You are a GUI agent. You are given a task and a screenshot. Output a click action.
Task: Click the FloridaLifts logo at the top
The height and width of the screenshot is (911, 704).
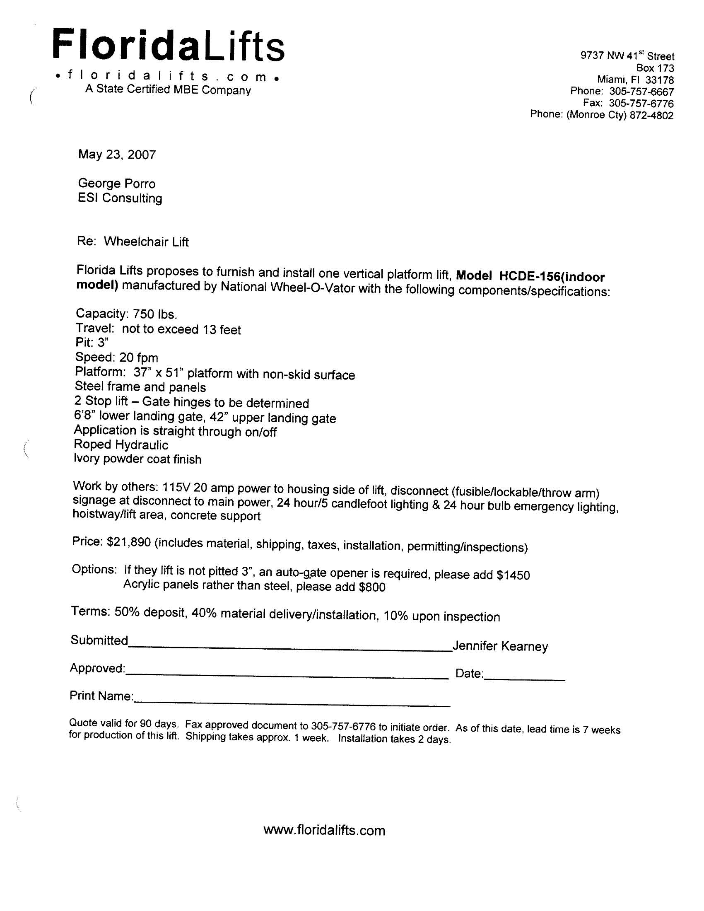(169, 45)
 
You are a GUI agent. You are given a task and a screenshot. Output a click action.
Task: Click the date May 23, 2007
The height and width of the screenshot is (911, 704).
(117, 155)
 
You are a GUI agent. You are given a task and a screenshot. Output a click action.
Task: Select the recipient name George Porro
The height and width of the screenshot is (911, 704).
(117, 184)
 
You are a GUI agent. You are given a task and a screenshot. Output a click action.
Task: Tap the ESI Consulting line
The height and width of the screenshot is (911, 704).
(120, 198)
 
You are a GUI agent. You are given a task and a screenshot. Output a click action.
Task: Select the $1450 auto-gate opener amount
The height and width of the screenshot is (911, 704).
(513, 575)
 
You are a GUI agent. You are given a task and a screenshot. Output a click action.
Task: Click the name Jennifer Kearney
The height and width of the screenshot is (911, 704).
(500, 646)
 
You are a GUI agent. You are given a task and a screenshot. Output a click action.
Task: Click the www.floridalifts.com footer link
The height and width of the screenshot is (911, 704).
(324, 830)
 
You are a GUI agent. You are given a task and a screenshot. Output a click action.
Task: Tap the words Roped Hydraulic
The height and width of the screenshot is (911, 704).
(121, 445)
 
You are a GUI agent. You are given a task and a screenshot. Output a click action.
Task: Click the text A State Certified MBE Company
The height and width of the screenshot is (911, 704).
(168, 89)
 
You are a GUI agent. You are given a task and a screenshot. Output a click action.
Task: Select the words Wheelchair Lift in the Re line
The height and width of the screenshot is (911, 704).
(146, 242)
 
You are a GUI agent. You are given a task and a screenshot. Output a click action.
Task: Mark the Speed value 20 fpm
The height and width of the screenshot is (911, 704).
(138, 358)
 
